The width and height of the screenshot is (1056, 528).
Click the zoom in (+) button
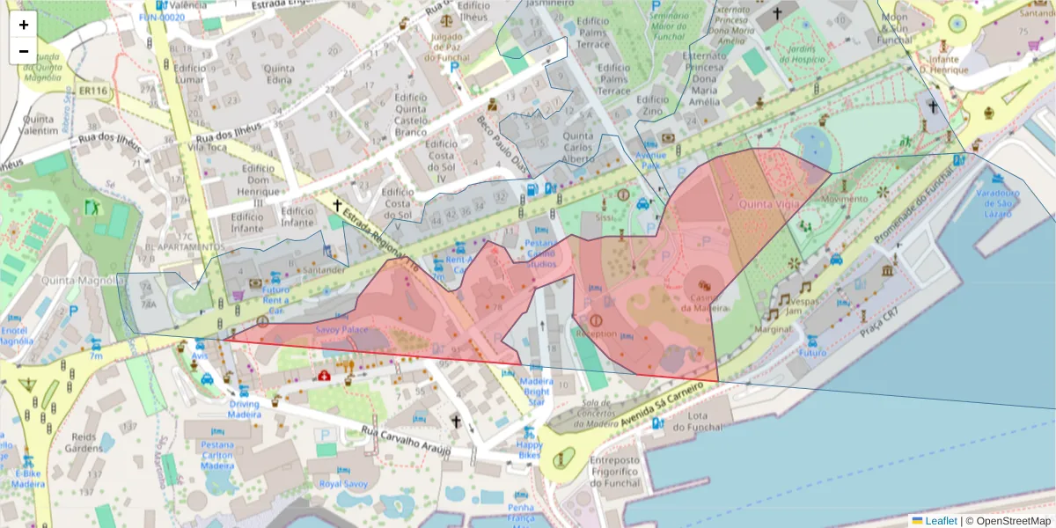(24, 25)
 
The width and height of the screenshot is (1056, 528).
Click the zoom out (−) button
(24, 51)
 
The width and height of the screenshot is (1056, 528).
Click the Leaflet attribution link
(941, 520)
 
